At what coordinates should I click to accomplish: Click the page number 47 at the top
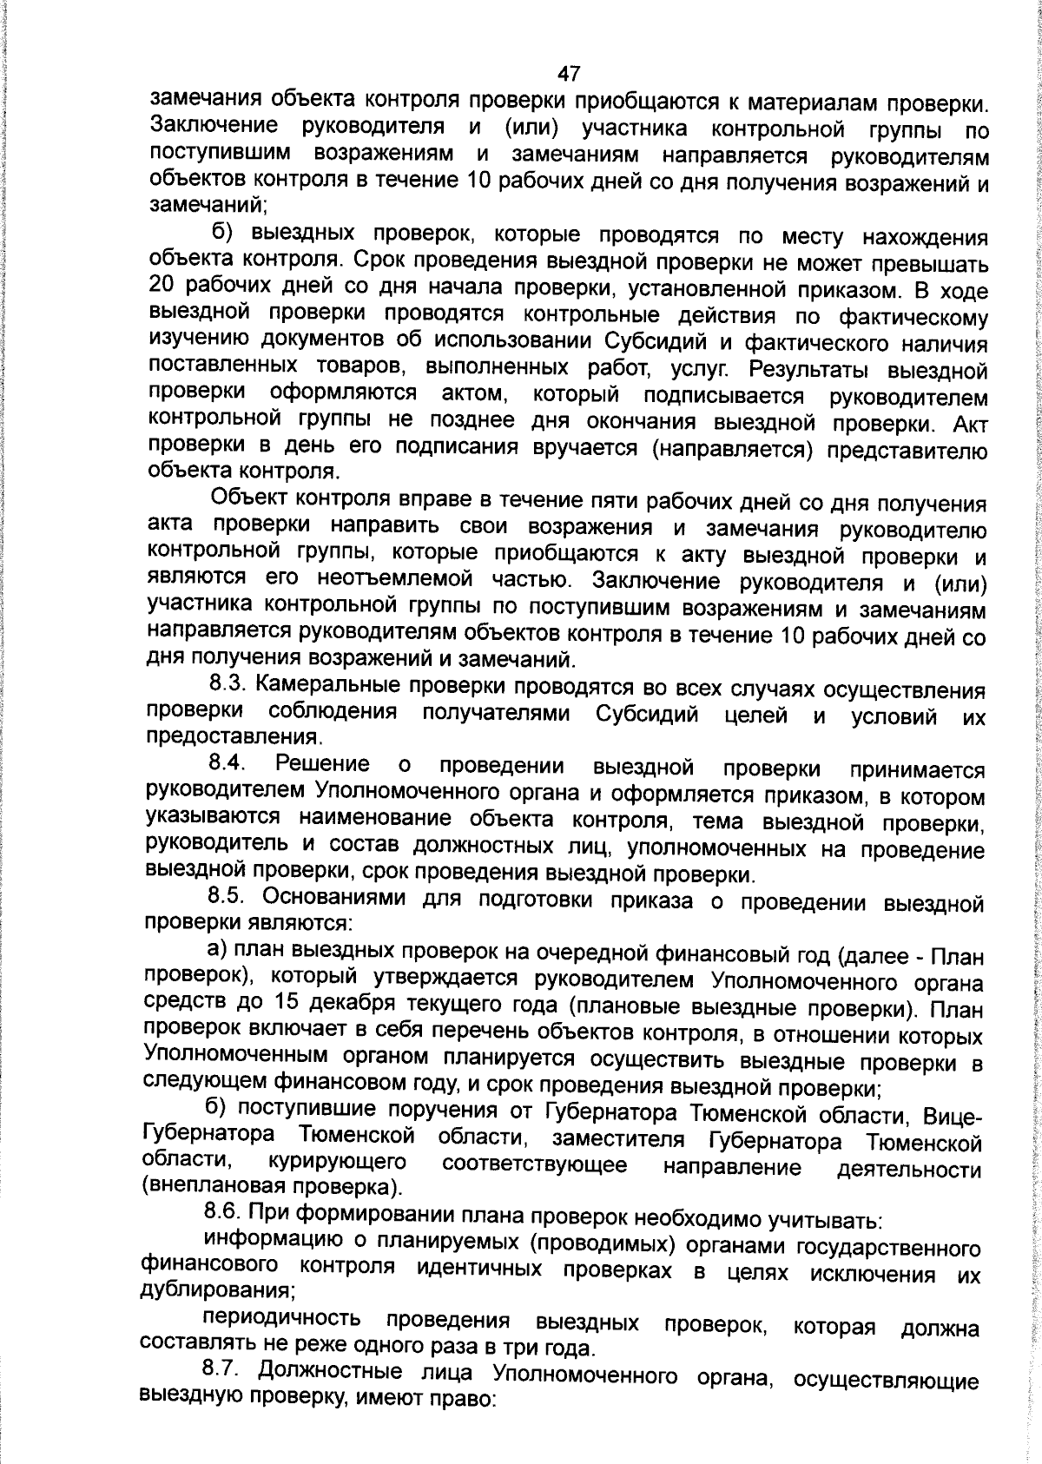568,73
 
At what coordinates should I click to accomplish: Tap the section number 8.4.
228,763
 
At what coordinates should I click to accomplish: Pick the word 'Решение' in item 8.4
322,764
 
